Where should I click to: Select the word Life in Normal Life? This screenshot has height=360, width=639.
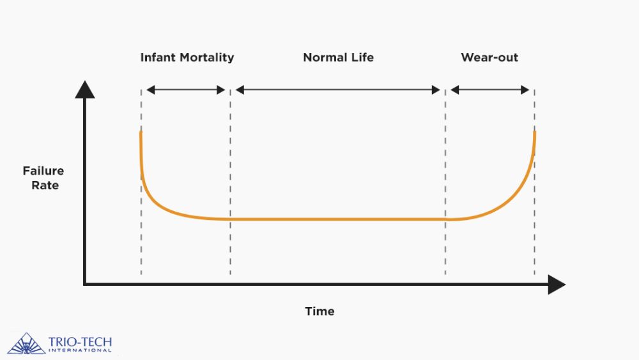pyautogui.click(x=361, y=58)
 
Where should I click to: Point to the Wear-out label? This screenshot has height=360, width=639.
pyautogui.click(x=489, y=58)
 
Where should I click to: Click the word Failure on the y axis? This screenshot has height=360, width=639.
pyautogui.click(x=43, y=171)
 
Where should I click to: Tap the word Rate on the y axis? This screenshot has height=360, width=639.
pyautogui.click(x=45, y=185)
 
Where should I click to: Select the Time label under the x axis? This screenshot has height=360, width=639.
pyautogui.click(x=319, y=311)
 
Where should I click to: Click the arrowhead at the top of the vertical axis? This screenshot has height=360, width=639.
pyautogui.click(x=85, y=89)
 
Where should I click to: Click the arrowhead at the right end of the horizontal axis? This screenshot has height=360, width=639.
pyautogui.click(x=557, y=284)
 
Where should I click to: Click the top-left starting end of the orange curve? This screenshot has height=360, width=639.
pyautogui.click(x=141, y=133)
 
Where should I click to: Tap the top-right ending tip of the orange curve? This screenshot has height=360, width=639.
pyautogui.click(x=534, y=133)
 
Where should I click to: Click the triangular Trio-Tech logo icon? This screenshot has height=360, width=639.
pyautogui.click(x=26, y=343)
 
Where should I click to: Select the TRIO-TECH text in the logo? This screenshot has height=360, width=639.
pyautogui.click(x=80, y=341)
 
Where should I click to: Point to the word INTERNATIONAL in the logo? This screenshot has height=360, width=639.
pyautogui.click(x=80, y=350)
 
